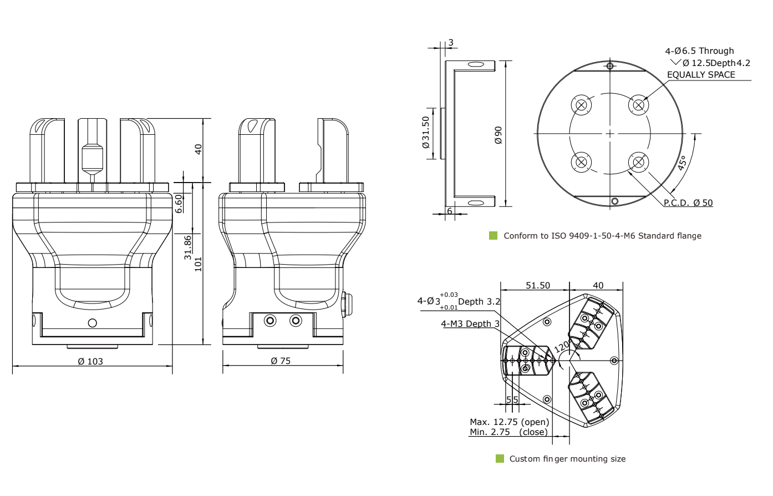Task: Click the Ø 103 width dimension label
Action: tap(90, 361)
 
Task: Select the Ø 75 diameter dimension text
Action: tap(281, 361)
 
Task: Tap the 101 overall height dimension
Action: tap(198, 265)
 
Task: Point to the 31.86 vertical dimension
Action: tap(188, 247)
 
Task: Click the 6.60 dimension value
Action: tap(179, 204)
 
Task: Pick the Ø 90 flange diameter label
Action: tap(498, 135)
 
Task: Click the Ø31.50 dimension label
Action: tap(425, 133)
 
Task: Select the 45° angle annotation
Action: tap(681, 163)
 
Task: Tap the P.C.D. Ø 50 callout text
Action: tap(688, 203)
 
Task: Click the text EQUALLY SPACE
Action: tap(701, 74)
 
